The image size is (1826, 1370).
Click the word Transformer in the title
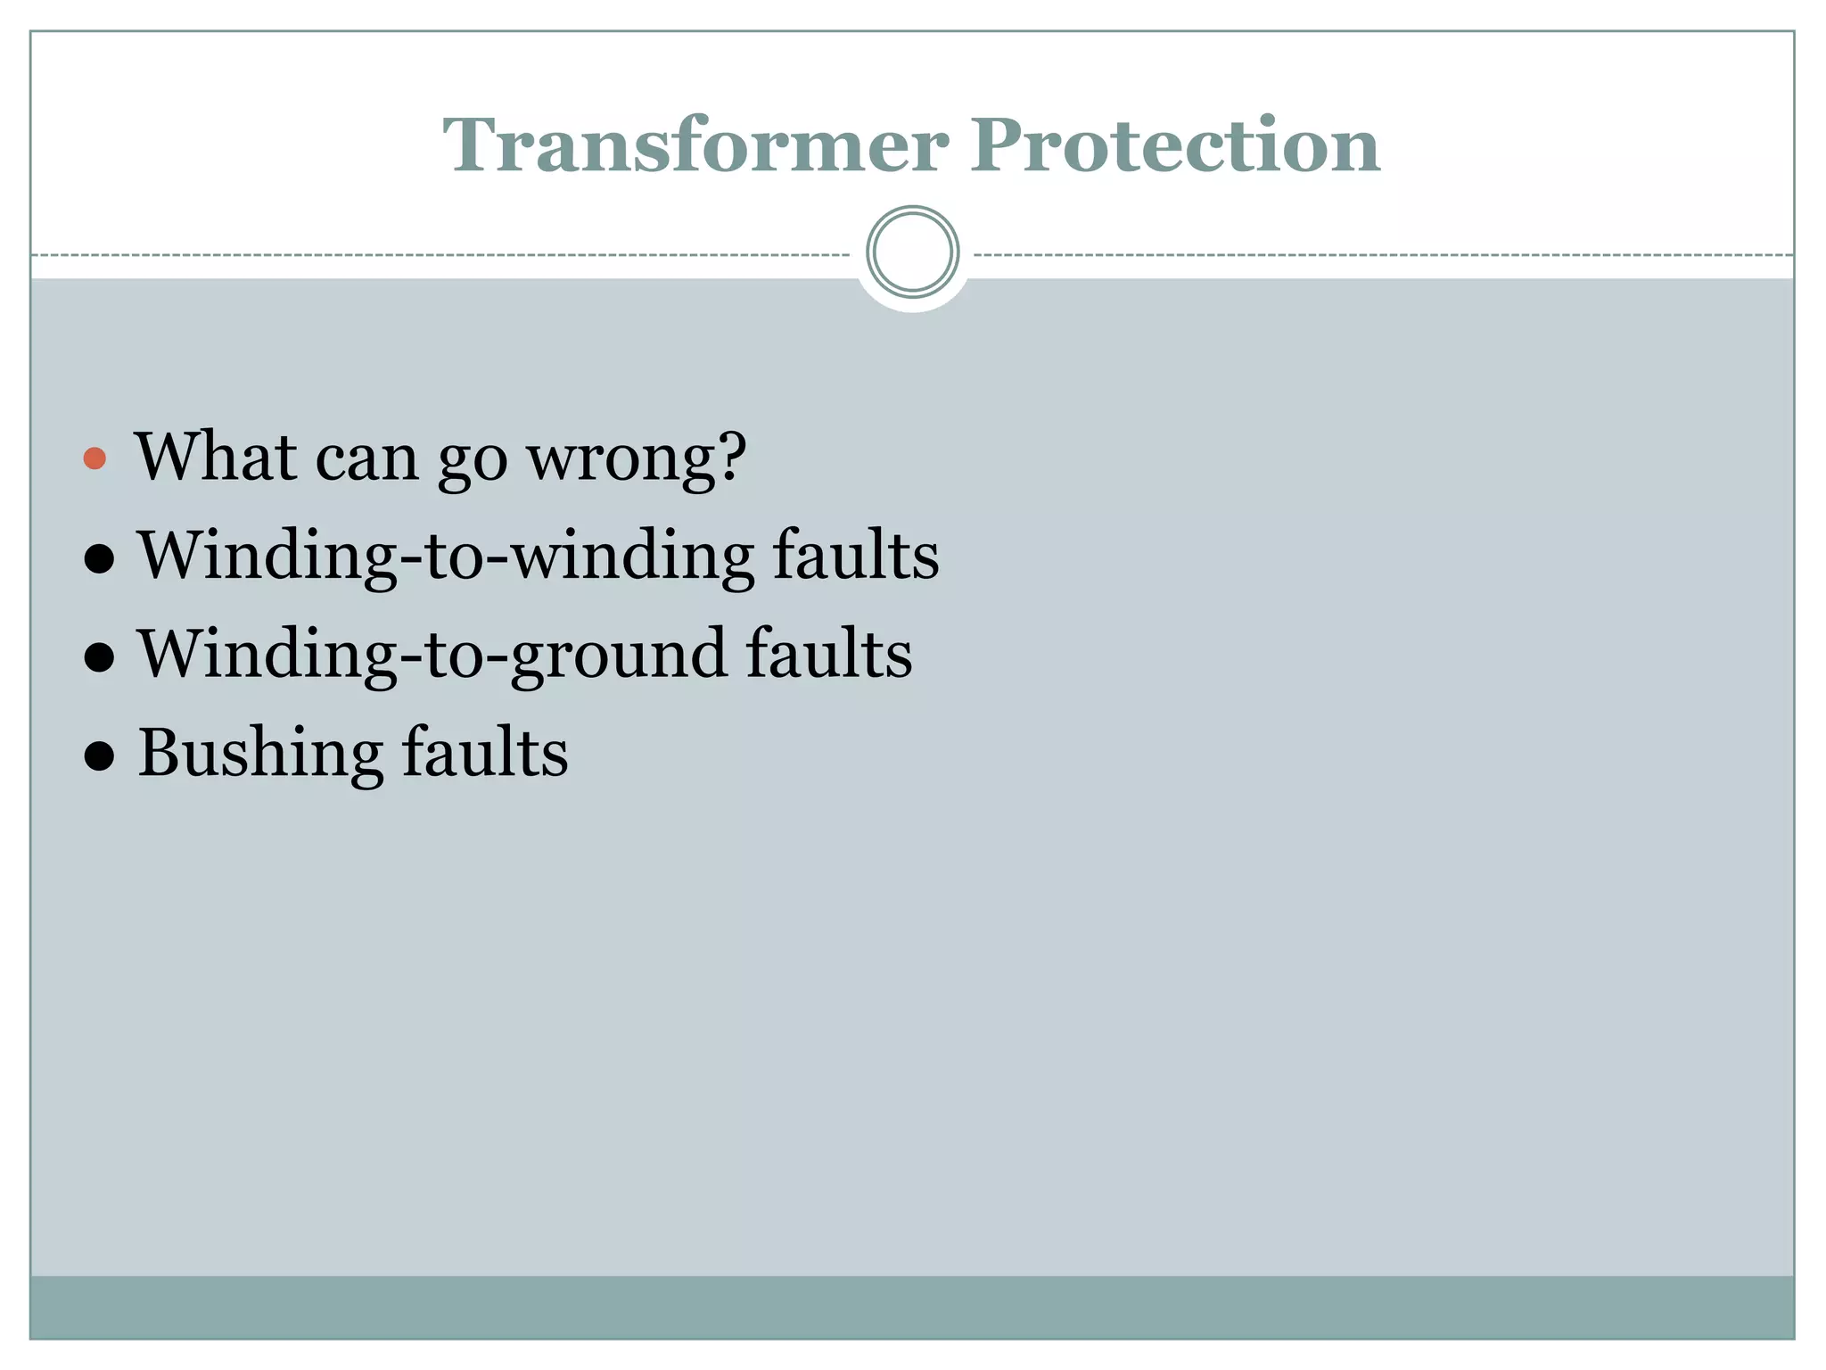tap(695, 145)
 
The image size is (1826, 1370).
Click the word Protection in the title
tap(1176, 145)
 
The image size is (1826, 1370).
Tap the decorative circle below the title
tap(912, 252)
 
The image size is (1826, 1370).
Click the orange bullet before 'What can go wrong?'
tap(95, 459)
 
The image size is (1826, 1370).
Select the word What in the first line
tap(215, 457)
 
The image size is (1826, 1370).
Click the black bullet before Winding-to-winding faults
tap(98, 559)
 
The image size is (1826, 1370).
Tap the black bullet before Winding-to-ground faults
tap(98, 658)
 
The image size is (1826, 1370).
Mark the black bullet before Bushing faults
tap(98, 756)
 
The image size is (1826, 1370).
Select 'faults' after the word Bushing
tap(484, 753)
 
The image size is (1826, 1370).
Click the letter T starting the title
tap(472, 145)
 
